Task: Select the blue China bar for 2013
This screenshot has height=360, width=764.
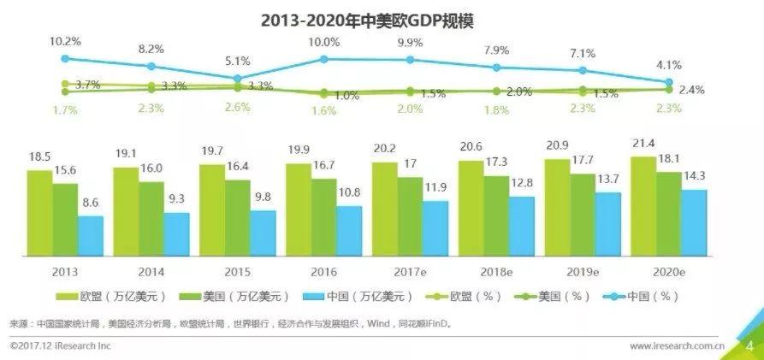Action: coord(90,235)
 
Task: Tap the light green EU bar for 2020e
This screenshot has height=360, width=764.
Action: coord(643,205)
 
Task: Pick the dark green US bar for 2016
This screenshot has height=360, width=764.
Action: coord(323,216)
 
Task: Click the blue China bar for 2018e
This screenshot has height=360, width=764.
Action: coord(522,226)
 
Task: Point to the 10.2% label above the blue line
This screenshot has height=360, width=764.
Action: coord(65,41)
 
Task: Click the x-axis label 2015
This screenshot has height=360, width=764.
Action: coord(237,271)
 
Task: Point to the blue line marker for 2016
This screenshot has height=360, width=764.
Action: coord(323,59)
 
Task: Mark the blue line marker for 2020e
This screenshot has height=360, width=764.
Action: coord(669,82)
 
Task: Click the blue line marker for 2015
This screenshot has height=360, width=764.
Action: coord(237,78)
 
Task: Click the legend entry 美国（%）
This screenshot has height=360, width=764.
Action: coord(555,296)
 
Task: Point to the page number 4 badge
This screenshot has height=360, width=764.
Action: coord(749,345)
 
